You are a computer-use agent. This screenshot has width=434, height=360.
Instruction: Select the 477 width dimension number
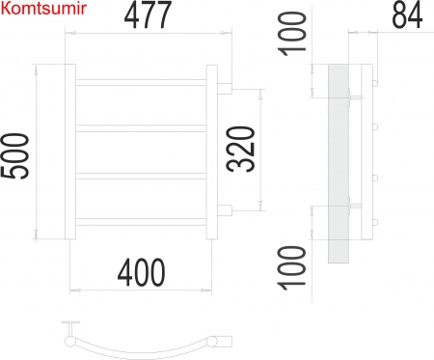click(x=149, y=15)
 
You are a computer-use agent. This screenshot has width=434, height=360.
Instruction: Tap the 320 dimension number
click(x=242, y=150)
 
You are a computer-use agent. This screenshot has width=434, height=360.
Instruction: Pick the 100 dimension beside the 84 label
click(x=298, y=33)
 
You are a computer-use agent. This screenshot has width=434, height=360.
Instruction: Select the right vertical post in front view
click(x=212, y=152)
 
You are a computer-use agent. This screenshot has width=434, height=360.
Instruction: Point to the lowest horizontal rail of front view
click(x=141, y=221)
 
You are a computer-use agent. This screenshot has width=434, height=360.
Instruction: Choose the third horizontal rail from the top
click(x=141, y=175)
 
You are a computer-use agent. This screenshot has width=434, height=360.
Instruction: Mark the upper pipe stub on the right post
click(x=225, y=90)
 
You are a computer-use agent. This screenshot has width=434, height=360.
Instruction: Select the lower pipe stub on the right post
click(x=225, y=210)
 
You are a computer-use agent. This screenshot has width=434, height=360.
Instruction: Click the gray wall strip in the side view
click(x=338, y=164)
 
